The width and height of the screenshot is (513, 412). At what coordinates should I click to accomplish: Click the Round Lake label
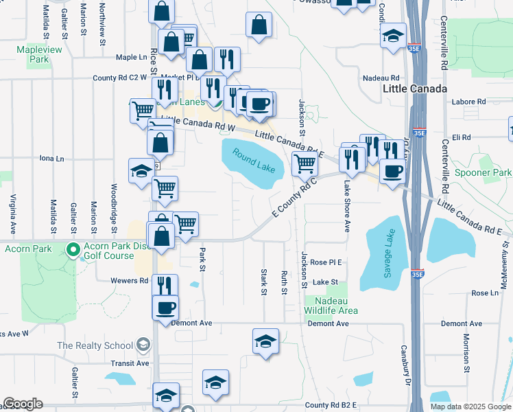(x=254, y=160)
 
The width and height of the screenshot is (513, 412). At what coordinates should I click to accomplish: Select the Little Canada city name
(x=415, y=89)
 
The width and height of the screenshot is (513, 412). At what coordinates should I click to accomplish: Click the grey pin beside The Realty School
(x=143, y=344)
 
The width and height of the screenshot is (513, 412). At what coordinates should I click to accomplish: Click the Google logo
(x=23, y=404)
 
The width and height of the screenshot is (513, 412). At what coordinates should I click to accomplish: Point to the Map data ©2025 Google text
(x=470, y=407)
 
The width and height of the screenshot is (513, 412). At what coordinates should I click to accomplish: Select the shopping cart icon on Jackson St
(x=304, y=163)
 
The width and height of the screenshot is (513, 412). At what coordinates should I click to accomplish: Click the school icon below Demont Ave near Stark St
(x=265, y=341)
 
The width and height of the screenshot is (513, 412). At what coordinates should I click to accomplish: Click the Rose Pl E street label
(x=326, y=262)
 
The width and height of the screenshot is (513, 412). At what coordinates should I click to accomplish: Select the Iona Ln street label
(x=51, y=158)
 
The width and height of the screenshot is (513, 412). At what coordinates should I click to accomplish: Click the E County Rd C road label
(x=293, y=200)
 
